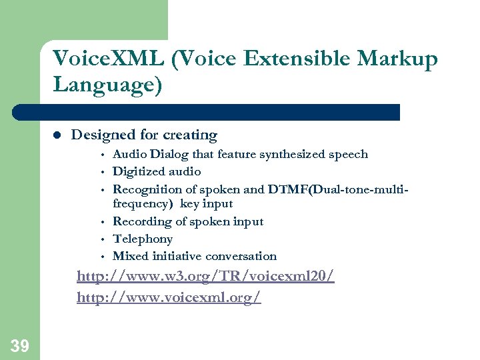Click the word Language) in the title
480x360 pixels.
[x=107, y=86]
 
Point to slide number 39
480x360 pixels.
[x=19, y=345]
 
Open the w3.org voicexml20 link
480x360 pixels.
[x=205, y=276]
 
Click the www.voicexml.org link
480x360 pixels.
[x=169, y=297]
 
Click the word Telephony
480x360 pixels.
[x=143, y=239]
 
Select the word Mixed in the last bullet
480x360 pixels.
[x=131, y=256]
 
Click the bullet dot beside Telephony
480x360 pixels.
[x=103, y=239]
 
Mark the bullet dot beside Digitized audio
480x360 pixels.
[x=103, y=172]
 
